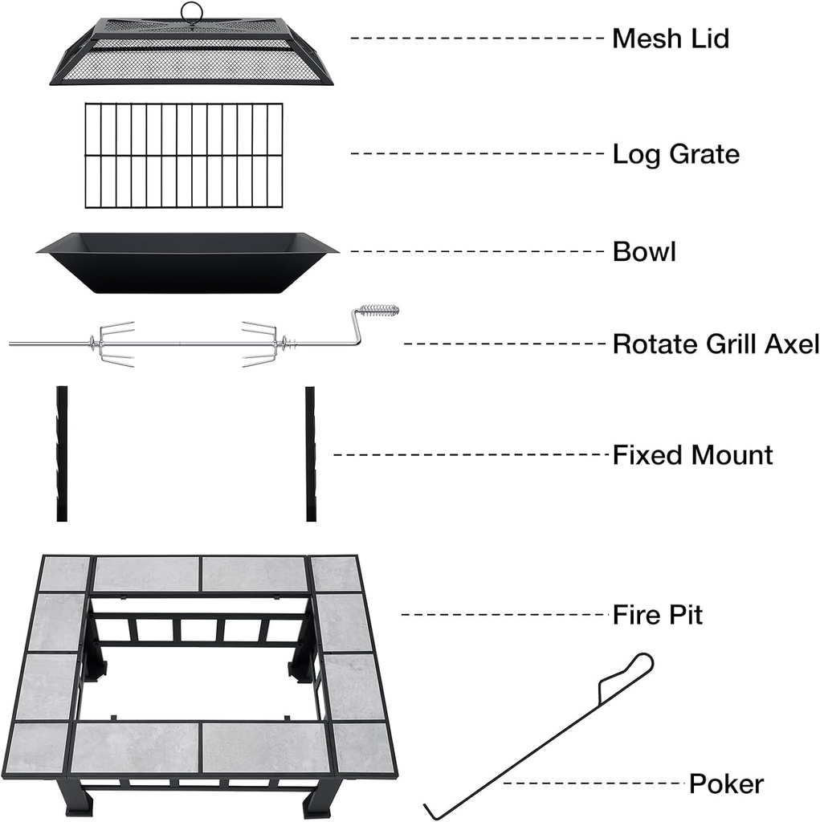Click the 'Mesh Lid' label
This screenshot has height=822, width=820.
[x=670, y=38]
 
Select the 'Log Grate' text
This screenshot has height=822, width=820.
[x=675, y=154]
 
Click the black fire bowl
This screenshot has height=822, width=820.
[x=187, y=262]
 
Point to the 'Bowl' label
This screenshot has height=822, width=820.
[x=644, y=252]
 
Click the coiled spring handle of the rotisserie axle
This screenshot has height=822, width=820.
[x=379, y=311]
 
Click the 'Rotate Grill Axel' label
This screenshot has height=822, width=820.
[x=715, y=344]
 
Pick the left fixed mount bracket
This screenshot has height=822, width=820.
[x=62, y=454]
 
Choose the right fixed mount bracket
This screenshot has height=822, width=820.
[x=311, y=454]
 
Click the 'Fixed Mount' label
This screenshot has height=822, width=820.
[x=692, y=455]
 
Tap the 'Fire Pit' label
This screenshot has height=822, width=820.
[x=657, y=616]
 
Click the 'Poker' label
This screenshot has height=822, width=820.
[x=726, y=783]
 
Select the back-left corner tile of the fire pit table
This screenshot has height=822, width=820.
[x=64, y=572]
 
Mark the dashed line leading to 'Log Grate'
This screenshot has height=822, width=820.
[x=477, y=153]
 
